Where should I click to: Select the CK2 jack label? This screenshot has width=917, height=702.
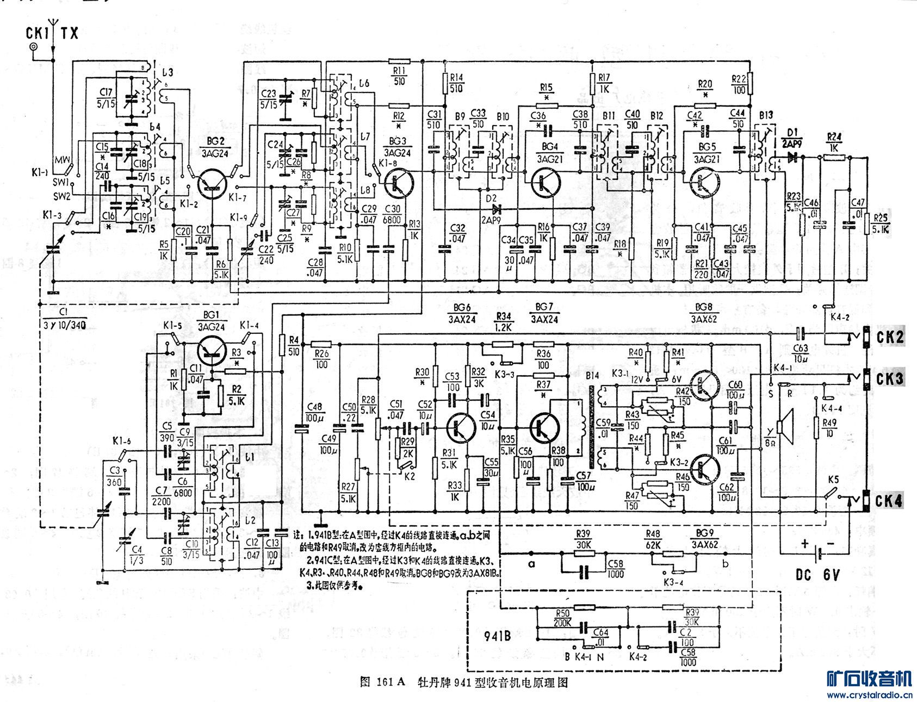point(890,338)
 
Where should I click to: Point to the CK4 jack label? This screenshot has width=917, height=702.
point(890,500)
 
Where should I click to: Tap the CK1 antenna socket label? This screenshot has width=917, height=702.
point(38,33)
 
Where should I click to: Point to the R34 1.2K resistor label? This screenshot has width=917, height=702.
point(504,321)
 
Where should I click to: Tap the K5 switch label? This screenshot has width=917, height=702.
point(833,480)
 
